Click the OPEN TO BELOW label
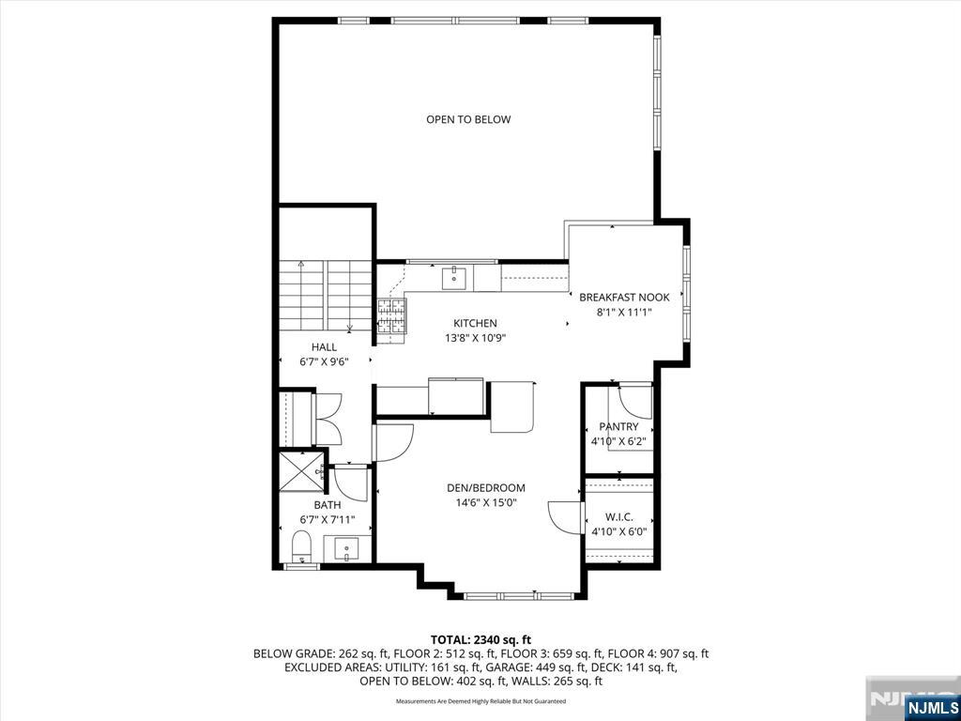pyautogui.click(x=468, y=119)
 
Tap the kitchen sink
pyautogui.click(x=454, y=278)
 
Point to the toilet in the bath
pyautogui.click(x=301, y=546)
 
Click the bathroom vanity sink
pyautogui.click(x=347, y=547)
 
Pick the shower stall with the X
pyautogui.click(x=301, y=471)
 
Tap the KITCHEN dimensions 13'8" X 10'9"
pyautogui.click(x=474, y=337)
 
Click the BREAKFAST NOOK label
pyautogui.click(x=624, y=298)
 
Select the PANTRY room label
pyautogui.click(x=618, y=427)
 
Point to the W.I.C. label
pyautogui.click(x=618, y=518)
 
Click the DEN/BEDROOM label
pyautogui.click(x=486, y=488)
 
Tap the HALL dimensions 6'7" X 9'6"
pyautogui.click(x=324, y=361)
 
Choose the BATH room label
pyautogui.click(x=328, y=505)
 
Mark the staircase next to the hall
pyautogui.click(x=326, y=296)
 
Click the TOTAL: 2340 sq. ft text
pyautogui.click(x=480, y=640)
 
